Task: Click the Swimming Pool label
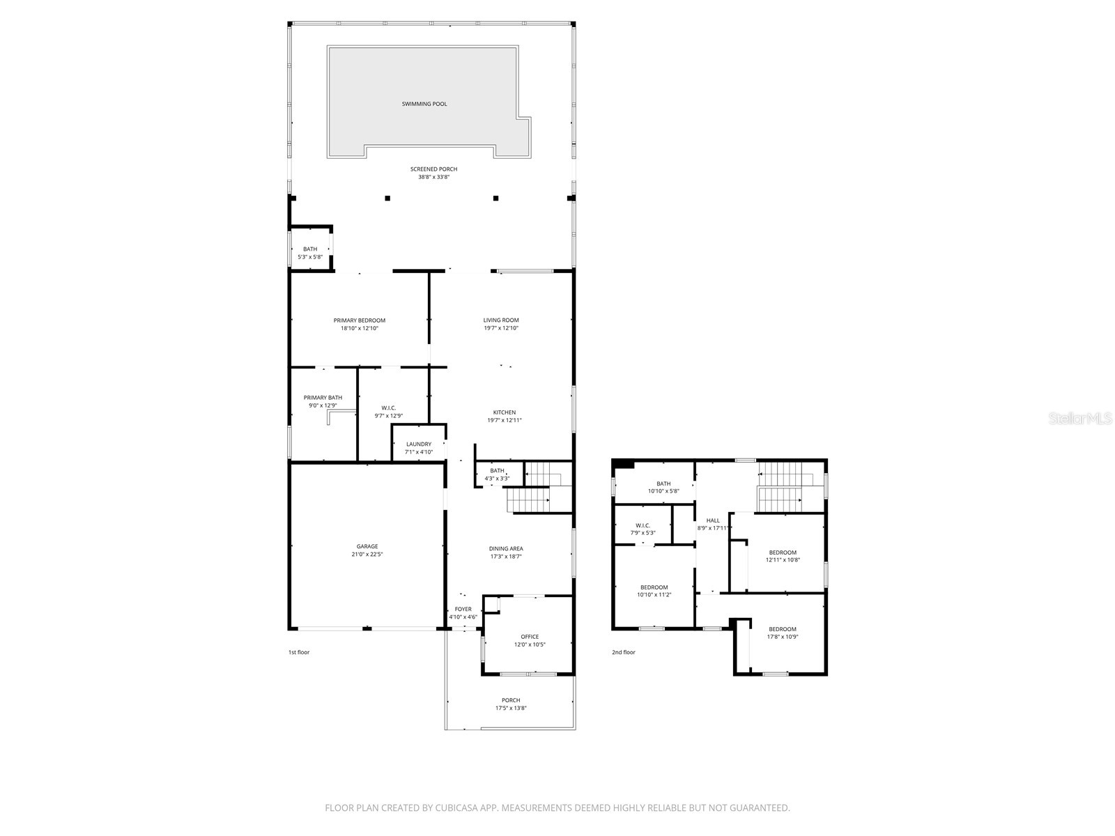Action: click(x=424, y=104)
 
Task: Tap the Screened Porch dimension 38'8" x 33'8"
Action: click(x=433, y=177)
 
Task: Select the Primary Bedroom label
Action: click(x=359, y=320)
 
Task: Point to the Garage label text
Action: click(x=367, y=546)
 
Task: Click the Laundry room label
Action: click(x=419, y=444)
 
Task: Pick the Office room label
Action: click(x=530, y=637)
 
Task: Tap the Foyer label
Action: click(x=463, y=610)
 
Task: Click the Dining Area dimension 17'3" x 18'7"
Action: click(x=506, y=557)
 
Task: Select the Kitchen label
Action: click(x=505, y=412)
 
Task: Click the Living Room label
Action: click(x=501, y=320)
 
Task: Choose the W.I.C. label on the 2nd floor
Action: click(x=643, y=525)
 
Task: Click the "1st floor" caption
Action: click(x=299, y=652)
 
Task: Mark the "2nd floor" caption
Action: click(x=624, y=652)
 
